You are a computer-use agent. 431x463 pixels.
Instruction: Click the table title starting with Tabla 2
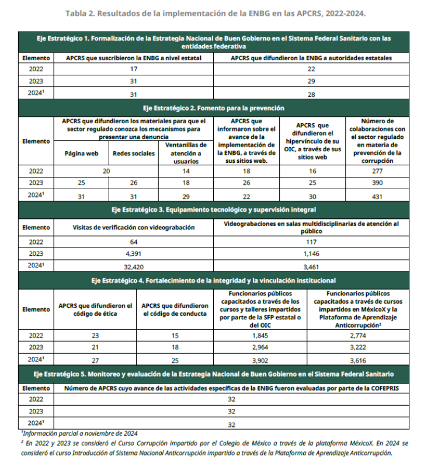click(215, 12)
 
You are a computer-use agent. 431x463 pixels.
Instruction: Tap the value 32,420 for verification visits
click(133, 264)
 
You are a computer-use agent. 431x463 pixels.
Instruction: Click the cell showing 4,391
click(133, 253)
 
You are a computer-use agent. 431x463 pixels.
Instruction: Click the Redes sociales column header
click(134, 154)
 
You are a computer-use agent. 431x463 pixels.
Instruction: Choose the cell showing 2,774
click(358, 336)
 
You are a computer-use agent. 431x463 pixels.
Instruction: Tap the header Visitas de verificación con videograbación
click(133, 227)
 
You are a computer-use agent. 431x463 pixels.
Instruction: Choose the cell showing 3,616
click(358, 360)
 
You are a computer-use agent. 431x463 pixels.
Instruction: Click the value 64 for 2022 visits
click(133, 241)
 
